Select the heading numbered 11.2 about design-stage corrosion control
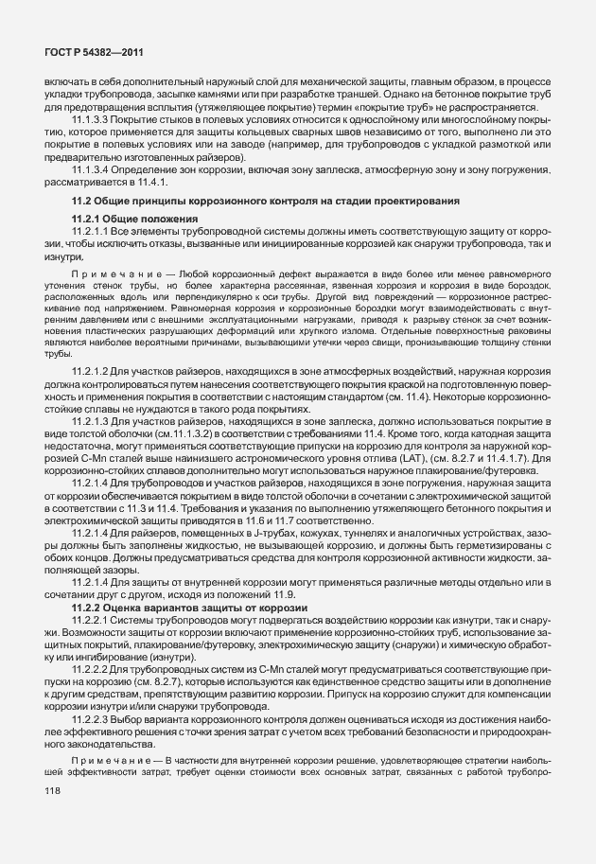pos(265,203)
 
